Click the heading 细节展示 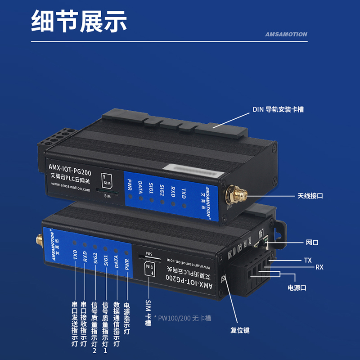tap(79, 22)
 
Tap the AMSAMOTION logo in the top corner tap(286, 34)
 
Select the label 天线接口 tap(310, 196)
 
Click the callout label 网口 tap(312, 243)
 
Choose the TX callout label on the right tap(308, 261)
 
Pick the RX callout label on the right tap(319, 267)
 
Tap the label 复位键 tap(240, 330)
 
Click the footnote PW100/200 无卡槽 tap(183, 318)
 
